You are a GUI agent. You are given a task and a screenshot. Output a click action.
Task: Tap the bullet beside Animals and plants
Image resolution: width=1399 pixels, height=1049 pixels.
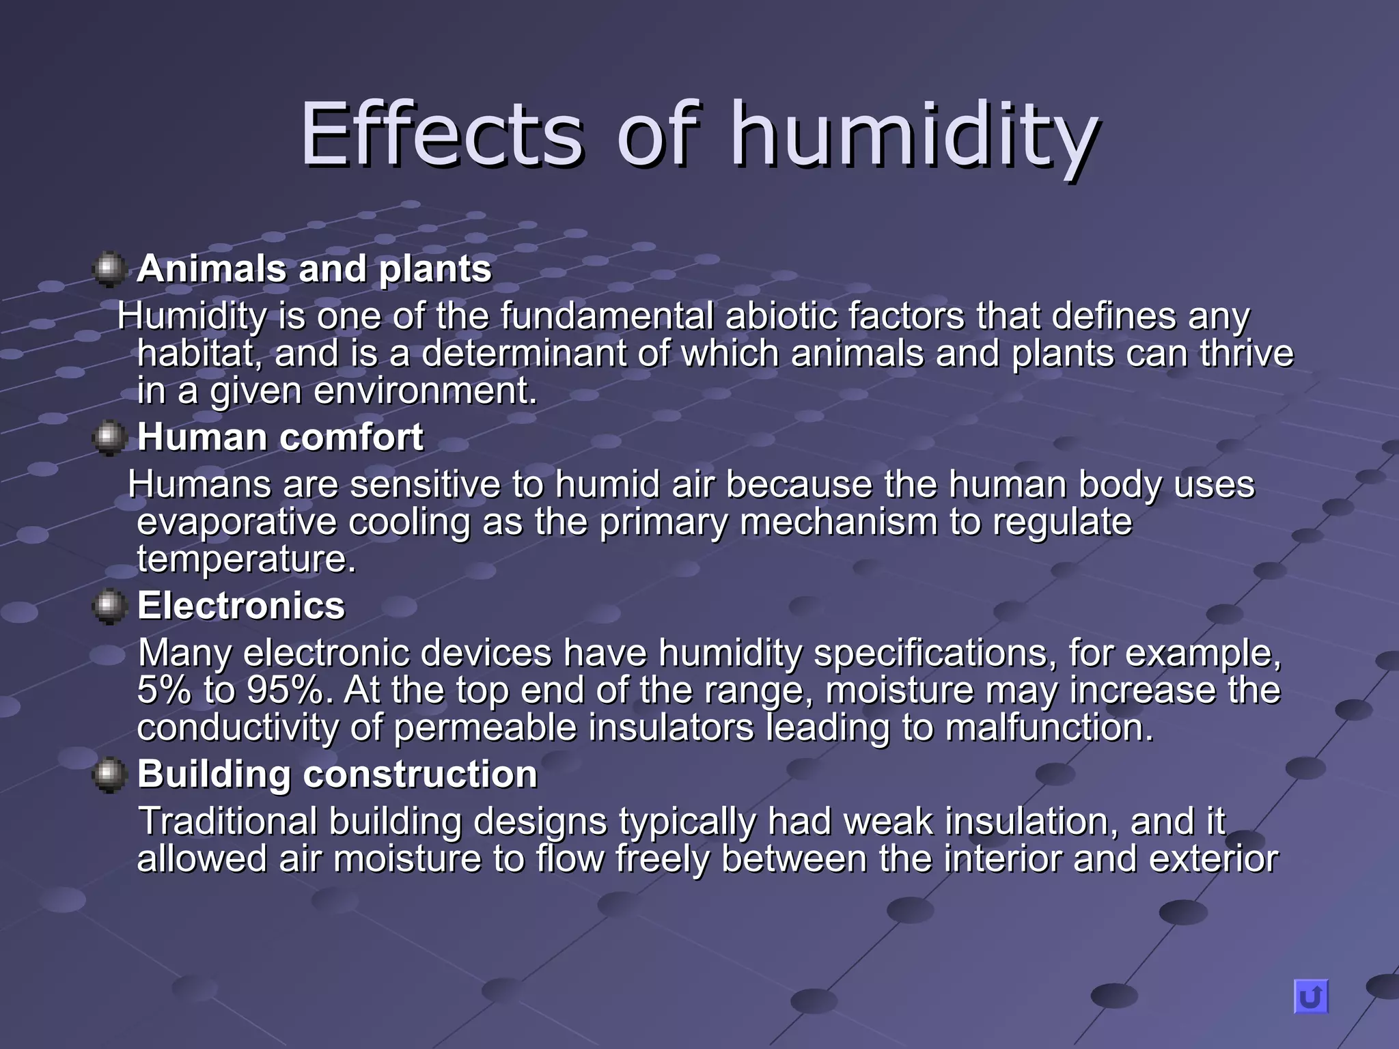tap(109, 269)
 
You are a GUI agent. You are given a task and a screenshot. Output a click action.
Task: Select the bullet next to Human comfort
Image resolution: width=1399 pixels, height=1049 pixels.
tap(109, 438)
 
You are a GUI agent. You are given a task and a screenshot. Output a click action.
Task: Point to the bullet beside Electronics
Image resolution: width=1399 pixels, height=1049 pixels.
tap(109, 606)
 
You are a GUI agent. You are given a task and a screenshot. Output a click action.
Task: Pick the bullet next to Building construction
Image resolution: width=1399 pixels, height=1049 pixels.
tap(109, 775)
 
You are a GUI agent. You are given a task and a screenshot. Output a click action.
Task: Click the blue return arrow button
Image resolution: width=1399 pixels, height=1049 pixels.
tap(1310, 996)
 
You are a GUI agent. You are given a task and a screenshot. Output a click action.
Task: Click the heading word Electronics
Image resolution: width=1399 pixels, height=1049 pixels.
tap(241, 606)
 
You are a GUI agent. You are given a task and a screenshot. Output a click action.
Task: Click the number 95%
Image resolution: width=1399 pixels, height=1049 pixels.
tap(285, 690)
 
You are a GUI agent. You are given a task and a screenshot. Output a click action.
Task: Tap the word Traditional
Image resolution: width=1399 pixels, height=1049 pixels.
tap(228, 822)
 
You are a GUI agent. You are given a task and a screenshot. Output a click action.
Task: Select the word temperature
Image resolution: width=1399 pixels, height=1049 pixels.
tap(246, 560)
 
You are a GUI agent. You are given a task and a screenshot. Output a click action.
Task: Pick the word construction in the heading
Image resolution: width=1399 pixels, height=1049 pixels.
tap(420, 774)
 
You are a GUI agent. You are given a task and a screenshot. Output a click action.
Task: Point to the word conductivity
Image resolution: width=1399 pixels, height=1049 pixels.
tap(238, 728)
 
